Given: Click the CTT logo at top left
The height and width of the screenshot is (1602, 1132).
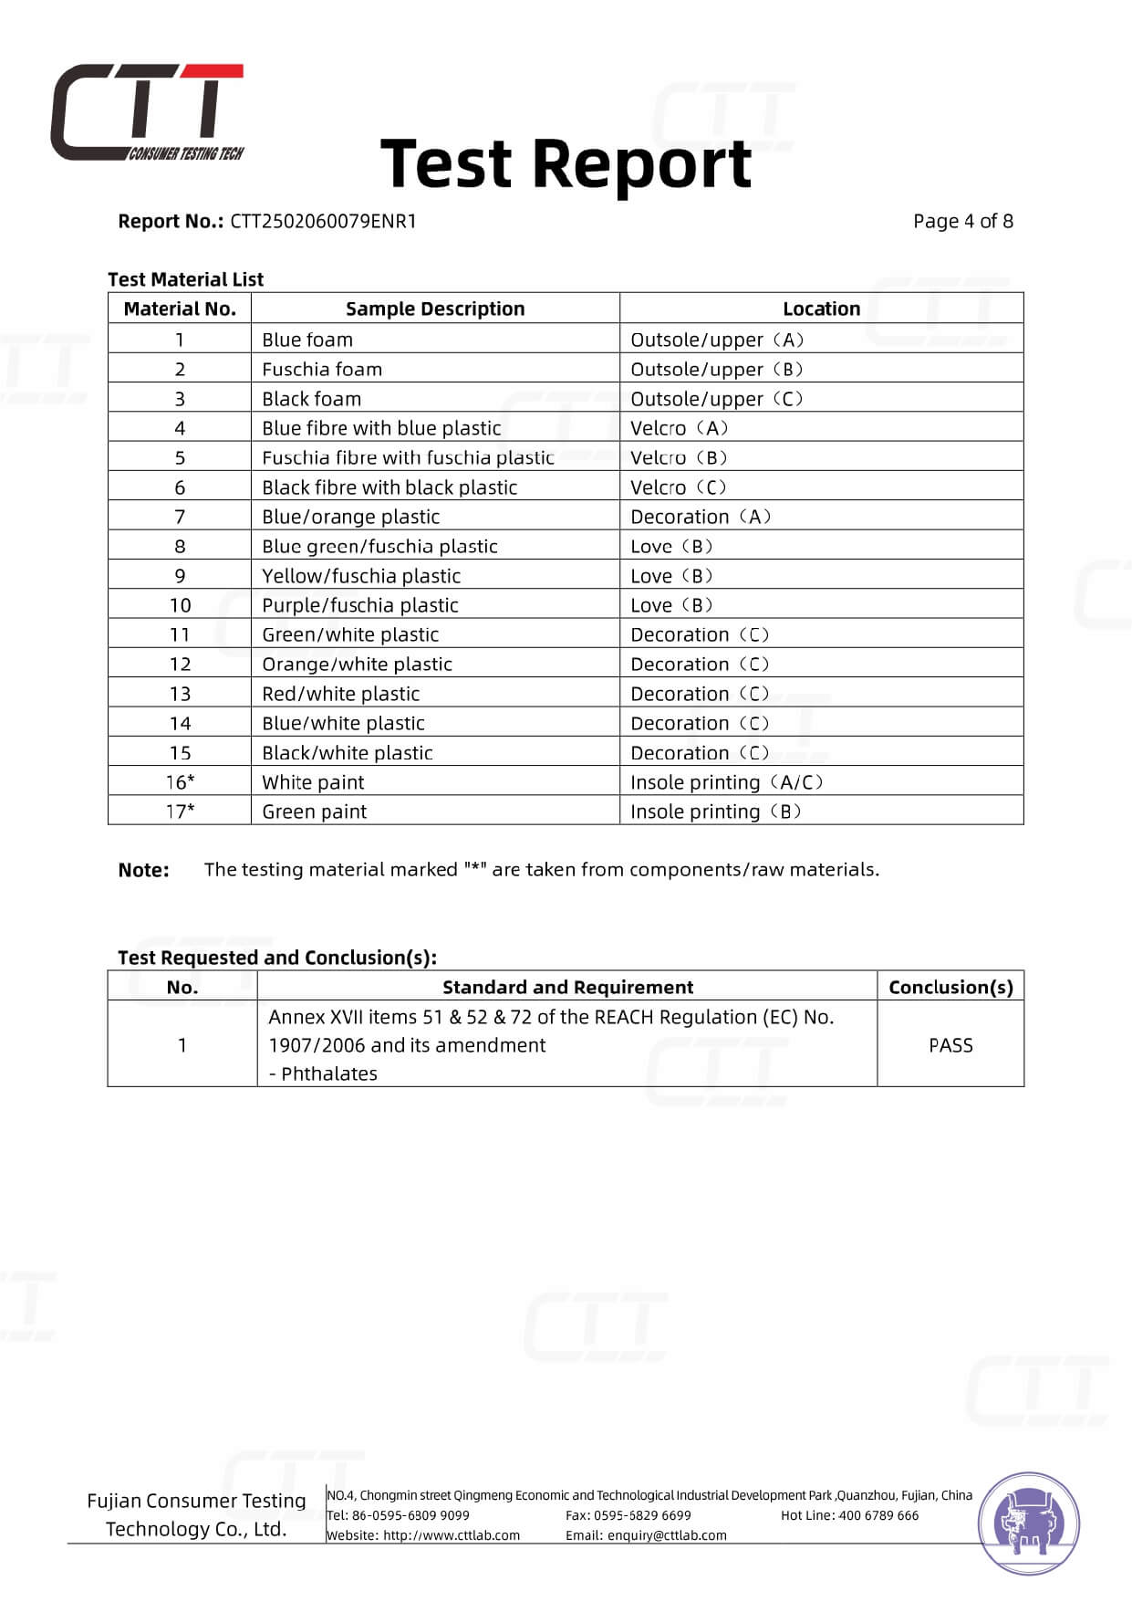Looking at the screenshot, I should tap(147, 112).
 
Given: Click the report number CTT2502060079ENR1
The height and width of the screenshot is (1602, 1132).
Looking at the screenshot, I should tap(323, 221).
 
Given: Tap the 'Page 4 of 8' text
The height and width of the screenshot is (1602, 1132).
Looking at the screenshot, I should tap(962, 221).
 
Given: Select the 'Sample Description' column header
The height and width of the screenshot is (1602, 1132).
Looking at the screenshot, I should tap(435, 309).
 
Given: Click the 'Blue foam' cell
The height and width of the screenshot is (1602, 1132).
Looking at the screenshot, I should tap(307, 340).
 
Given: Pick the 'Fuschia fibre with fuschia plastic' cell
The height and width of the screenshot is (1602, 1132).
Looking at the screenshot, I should tap(408, 457).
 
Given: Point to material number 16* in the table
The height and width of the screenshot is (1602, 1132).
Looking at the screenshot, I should tap(180, 782).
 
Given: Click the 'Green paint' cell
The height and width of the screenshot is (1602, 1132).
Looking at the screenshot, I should tap(315, 811).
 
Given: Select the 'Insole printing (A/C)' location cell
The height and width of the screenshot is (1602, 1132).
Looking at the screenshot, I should tap(726, 782).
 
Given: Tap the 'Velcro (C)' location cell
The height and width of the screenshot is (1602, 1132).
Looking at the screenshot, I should tap(678, 487).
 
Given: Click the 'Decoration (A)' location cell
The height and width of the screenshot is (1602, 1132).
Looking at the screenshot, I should tap(701, 517).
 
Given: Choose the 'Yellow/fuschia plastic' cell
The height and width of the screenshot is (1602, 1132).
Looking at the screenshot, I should tap(361, 576).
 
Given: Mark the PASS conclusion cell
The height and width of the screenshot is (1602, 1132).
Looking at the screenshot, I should tap(950, 1045).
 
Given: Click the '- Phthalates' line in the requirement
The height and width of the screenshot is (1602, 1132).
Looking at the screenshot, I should tap(323, 1073).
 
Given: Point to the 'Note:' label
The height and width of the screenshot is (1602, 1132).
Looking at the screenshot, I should tap(143, 870).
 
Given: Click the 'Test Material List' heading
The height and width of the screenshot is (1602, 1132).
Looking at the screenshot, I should tap(185, 279).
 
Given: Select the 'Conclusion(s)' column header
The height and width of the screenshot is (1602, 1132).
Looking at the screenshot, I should tap(950, 987).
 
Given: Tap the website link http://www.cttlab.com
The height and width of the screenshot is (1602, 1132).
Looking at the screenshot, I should tap(452, 1535).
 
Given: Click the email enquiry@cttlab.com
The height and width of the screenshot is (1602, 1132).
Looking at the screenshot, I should tap(667, 1535).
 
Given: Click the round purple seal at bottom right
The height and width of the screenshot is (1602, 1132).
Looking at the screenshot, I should tap(1029, 1523).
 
